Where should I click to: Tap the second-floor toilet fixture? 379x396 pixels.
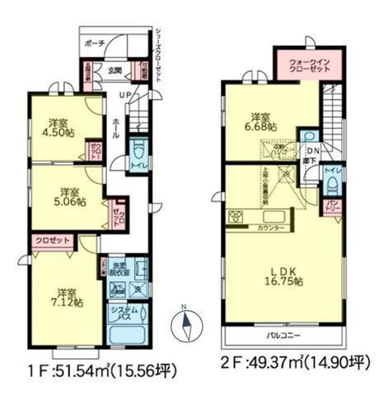(334, 174)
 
